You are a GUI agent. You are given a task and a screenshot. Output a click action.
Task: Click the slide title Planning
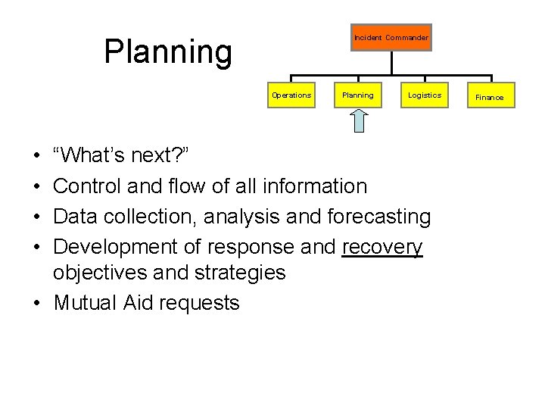[167, 52]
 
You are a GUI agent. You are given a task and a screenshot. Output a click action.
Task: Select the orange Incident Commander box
[391, 37]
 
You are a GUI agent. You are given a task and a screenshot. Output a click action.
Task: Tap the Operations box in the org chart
[291, 95]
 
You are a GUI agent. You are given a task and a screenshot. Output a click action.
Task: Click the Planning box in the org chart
[357, 95]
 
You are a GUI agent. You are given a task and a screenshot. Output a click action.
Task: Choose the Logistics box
[424, 95]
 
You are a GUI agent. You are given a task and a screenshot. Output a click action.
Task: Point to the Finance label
[489, 97]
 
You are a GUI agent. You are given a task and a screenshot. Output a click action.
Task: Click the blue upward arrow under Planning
[358, 119]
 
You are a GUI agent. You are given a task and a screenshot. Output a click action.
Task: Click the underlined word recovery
[382, 248]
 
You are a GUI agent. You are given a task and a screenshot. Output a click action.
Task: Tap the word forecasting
[378, 217]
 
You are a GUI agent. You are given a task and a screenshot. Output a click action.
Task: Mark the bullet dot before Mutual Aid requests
[37, 303]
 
